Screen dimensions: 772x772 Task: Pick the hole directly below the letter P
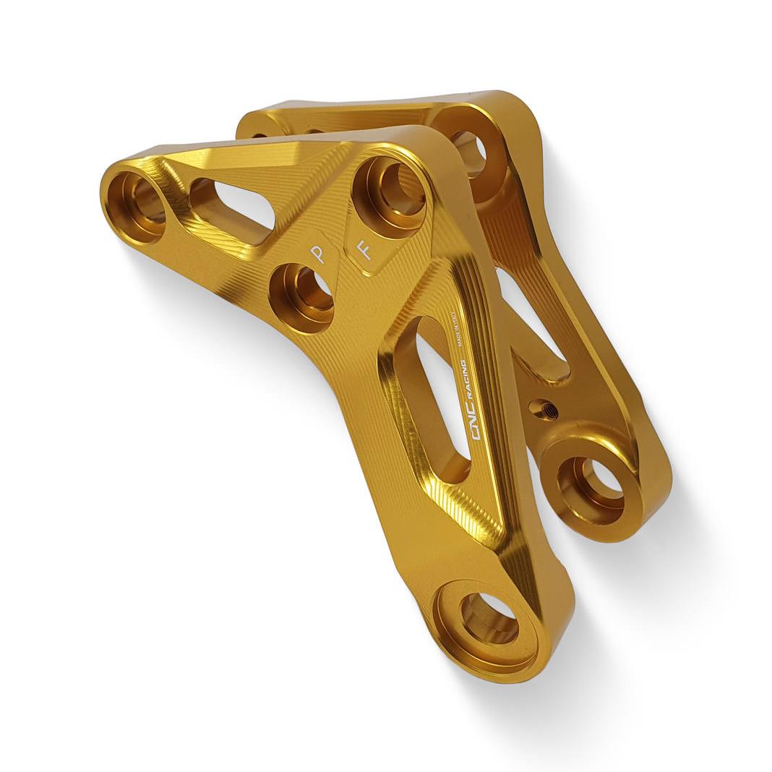pyautogui.click(x=301, y=297)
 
